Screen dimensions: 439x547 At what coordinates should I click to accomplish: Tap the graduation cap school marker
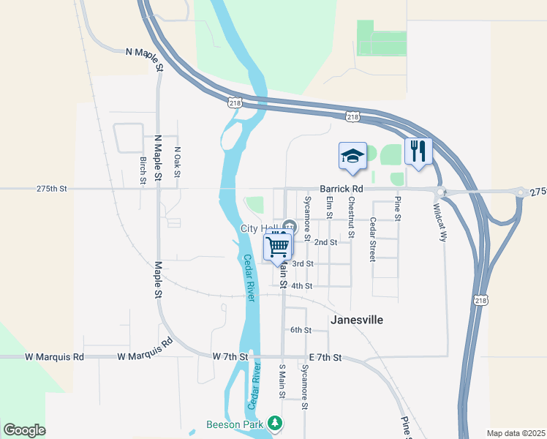[352, 156]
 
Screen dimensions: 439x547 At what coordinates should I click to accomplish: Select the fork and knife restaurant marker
[418, 151]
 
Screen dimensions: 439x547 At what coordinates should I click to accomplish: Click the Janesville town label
[357, 320]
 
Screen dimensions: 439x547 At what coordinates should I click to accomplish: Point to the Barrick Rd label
[341, 189]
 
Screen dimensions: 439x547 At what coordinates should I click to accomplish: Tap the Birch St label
[143, 170]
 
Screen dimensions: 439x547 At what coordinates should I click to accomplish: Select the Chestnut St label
[351, 217]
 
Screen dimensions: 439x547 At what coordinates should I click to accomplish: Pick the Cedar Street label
[372, 239]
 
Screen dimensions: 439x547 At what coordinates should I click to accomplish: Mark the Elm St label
[329, 210]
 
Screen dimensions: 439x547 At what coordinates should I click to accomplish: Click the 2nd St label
[325, 241]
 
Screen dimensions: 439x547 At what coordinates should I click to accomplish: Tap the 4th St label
[301, 286]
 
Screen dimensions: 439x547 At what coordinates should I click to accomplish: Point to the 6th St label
[301, 331]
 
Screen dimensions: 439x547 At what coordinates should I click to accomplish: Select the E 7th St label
[325, 357]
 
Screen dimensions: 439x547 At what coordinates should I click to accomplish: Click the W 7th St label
[230, 356]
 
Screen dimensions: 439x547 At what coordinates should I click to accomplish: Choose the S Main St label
[282, 380]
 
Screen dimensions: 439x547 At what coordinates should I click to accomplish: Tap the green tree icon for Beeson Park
[275, 424]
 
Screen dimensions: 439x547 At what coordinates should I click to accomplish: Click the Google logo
[24, 429]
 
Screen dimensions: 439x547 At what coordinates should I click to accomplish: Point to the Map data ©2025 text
[515, 433]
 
